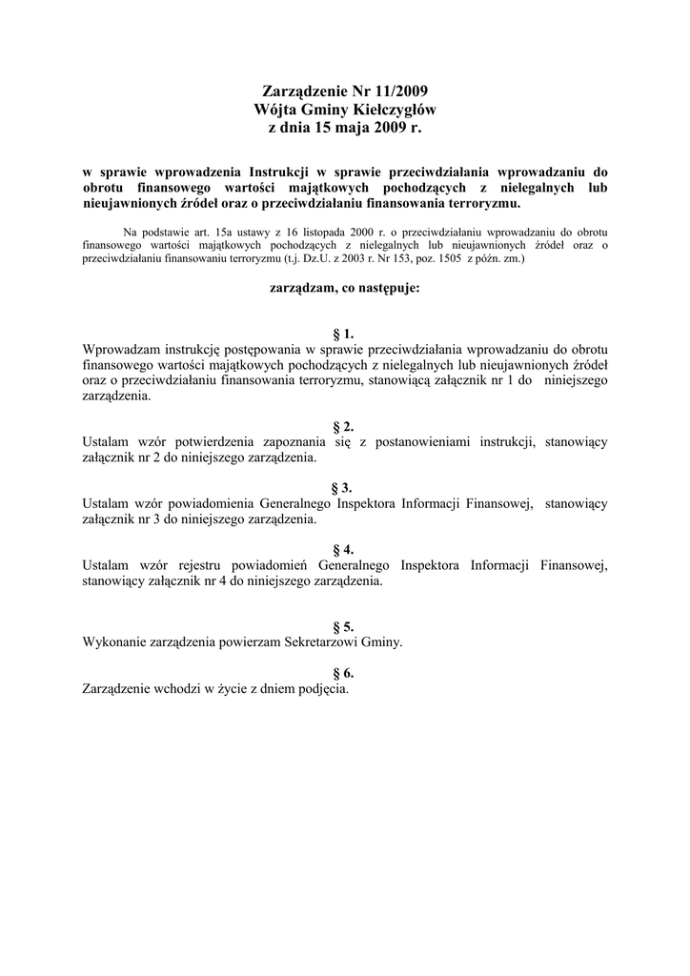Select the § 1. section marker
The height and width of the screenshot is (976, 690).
click(x=344, y=334)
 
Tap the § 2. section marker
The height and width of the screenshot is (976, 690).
click(x=344, y=426)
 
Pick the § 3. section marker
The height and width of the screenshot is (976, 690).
click(x=344, y=488)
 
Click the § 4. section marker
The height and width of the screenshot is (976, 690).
click(x=344, y=550)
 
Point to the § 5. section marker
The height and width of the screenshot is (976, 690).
click(x=344, y=627)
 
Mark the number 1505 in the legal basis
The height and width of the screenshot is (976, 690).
click(x=443, y=258)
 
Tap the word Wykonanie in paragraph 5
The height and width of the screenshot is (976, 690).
click(x=112, y=642)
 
